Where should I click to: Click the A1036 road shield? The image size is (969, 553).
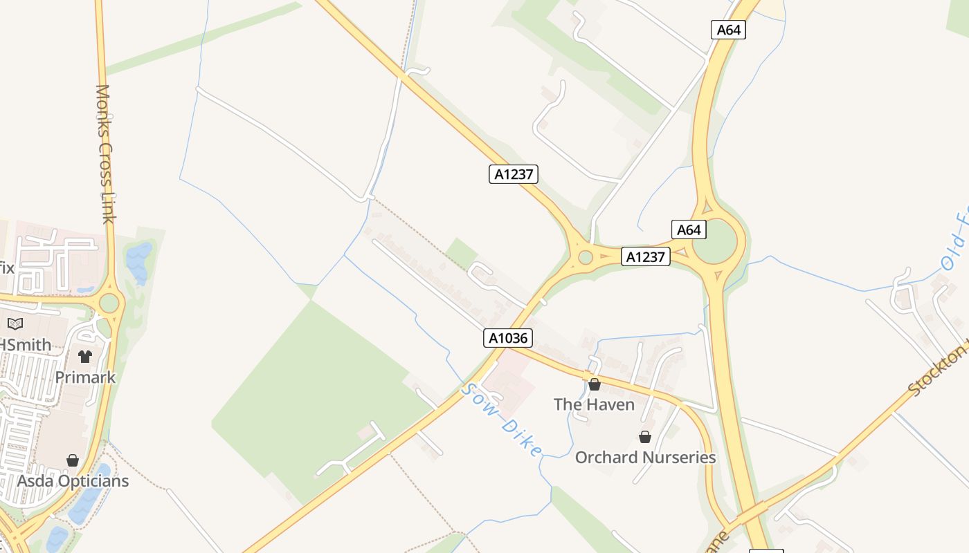(x=508, y=338)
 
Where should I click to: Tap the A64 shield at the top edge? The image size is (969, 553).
(x=728, y=30)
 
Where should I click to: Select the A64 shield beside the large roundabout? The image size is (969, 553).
(x=689, y=229)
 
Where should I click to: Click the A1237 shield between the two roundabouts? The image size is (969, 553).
(x=645, y=257)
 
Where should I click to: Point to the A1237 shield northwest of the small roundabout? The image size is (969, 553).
(x=513, y=174)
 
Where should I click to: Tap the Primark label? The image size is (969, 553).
(x=85, y=377)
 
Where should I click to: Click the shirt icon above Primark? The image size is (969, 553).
(x=84, y=357)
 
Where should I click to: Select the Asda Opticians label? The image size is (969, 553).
(x=73, y=480)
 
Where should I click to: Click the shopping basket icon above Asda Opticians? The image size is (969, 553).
(x=73, y=460)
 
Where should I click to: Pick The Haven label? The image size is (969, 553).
(x=594, y=404)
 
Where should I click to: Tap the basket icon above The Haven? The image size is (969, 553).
(x=594, y=384)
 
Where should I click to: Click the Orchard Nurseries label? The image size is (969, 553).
(x=645, y=458)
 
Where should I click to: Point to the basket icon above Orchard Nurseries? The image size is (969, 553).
(x=645, y=437)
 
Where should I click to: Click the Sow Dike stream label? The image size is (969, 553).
(x=501, y=420)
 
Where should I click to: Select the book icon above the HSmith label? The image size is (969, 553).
(x=15, y=324)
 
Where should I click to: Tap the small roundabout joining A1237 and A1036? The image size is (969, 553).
(x=586, y=257)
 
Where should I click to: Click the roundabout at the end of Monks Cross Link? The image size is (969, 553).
(x=109, y=303)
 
